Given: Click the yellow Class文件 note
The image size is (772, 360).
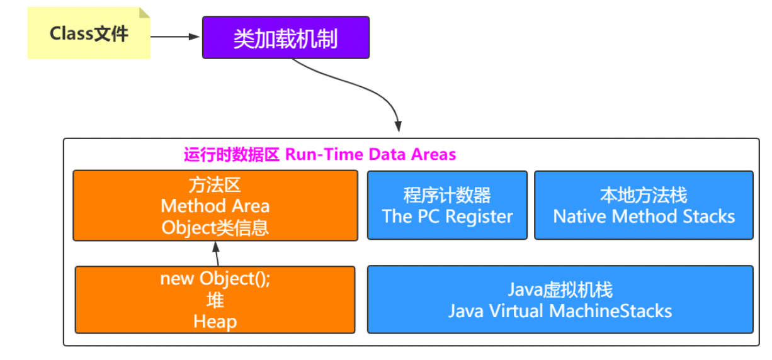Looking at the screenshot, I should click(88, 33).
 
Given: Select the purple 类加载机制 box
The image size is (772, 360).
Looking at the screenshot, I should click(285, 38).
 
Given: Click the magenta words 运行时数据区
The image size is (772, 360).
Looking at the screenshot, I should click(231, 155).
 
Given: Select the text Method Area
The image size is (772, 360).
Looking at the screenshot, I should click(215, 206).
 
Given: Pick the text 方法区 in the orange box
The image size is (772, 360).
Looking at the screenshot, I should click(215, 185).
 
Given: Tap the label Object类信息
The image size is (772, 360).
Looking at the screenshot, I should click(215, 227).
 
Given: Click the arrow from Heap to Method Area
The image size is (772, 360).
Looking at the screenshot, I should click(217, 254).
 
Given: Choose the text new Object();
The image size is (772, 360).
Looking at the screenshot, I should click(215, 279).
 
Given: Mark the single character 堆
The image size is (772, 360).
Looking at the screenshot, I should click(215, 300).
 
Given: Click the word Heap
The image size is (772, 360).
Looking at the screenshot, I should click(215, 322).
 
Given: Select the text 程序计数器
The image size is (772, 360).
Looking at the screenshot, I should click(447, 195).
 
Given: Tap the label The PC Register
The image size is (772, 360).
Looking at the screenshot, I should click(447, 217).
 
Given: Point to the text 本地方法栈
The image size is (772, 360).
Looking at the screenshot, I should click(644, 195).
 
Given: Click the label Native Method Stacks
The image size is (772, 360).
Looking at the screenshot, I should click(644, 217).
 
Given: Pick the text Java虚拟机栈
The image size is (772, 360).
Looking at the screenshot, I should click(560, 290).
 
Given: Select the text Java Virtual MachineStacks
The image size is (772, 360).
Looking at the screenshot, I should click(560, 311).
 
